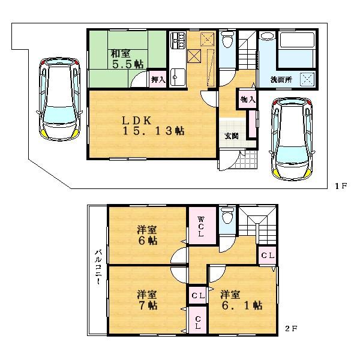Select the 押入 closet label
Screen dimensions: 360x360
coord(157,79)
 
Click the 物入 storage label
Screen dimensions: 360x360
coord(248,99)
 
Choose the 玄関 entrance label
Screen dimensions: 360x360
coord(232,136)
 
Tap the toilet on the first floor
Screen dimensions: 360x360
coord(227,43)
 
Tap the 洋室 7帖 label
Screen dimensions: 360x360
coord(146,299)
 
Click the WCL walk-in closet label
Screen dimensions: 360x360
coord(200,226)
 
